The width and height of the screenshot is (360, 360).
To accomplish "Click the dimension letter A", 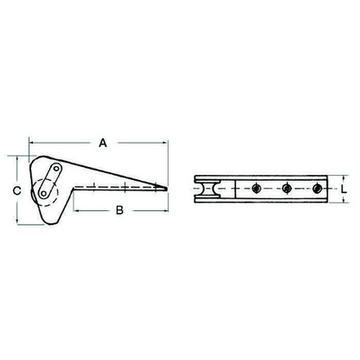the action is click(x=103, y=143).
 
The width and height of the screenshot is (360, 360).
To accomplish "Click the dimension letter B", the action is click(x=119, y=210).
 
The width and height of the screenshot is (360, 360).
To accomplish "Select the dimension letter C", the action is click(x=17, y=190).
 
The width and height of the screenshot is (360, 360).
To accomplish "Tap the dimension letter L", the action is click(x=344, y=190).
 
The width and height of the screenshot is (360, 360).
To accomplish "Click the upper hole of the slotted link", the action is click(x=56, y=169).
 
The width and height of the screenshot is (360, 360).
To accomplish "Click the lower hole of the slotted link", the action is click(x=43, y=193).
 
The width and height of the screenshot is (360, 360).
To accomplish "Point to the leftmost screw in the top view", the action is click(x=255, y=189).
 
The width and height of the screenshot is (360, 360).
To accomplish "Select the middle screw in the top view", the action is click(x=286, y=189).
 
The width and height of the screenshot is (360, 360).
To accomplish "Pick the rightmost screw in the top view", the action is click(x=317, y=189).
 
